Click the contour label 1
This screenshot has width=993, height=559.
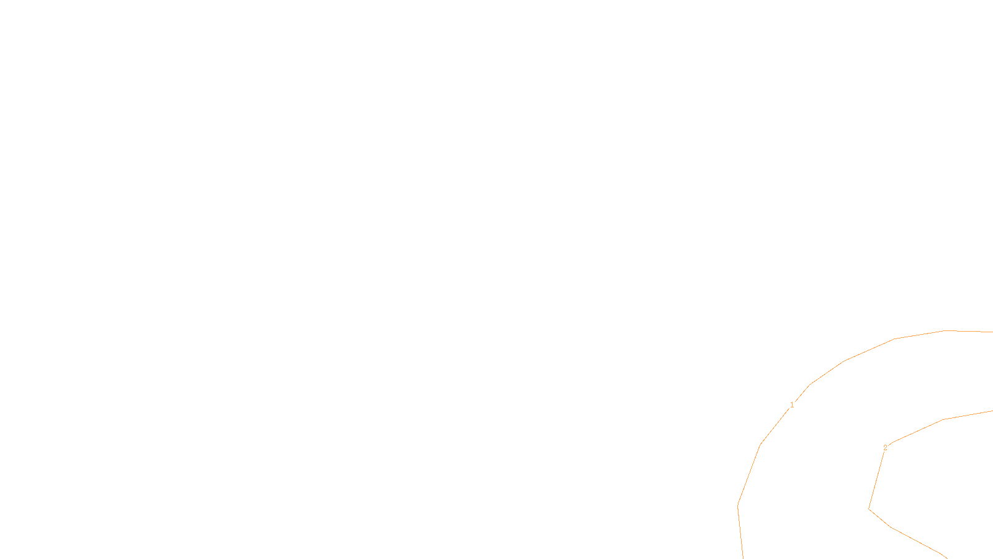pos(791,405)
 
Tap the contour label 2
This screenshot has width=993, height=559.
pos(885,447)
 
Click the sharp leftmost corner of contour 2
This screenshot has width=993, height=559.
pos(869,509)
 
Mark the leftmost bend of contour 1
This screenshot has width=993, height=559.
pos(738,506)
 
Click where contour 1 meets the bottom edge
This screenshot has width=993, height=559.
pos(742,558)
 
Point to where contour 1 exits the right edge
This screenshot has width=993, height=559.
pos(992,332)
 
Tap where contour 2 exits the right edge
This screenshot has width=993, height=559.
pos(992,411)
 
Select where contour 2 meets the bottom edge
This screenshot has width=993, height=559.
pos(946,557)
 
